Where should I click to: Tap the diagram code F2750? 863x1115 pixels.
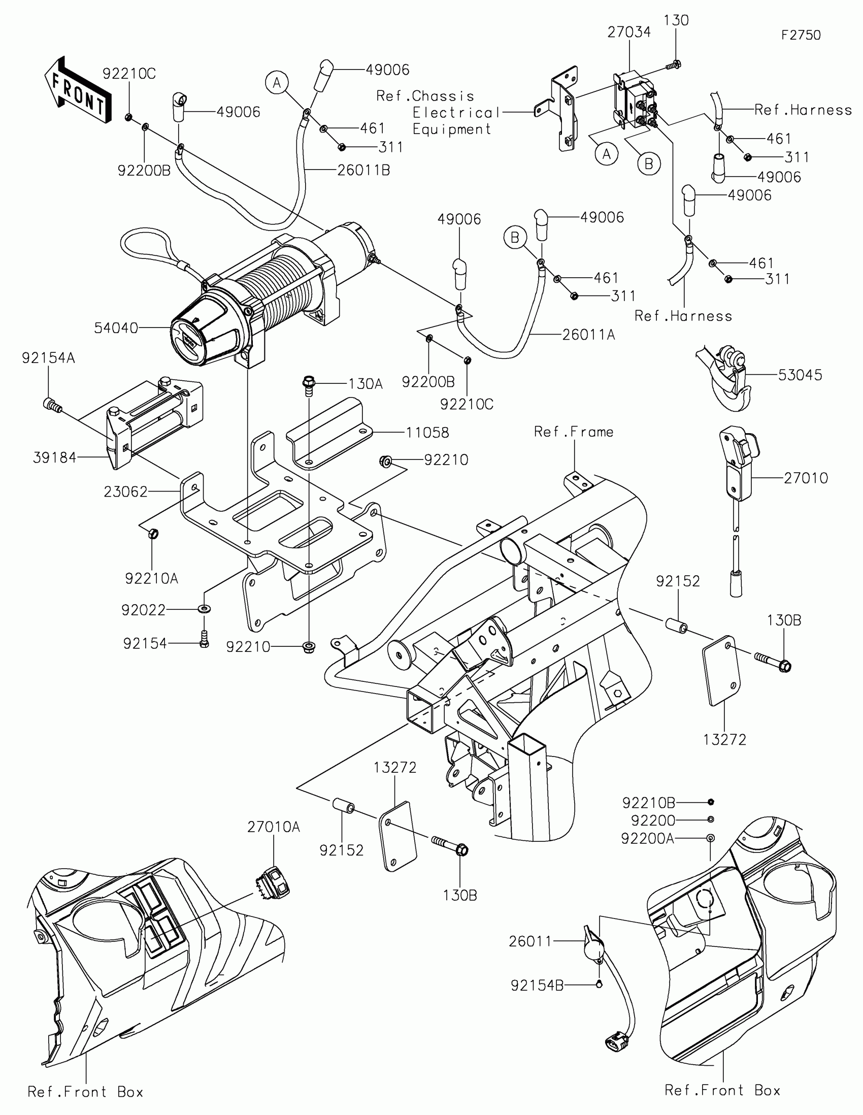click(x=801, y=35)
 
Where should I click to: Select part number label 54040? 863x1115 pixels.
click(x=116, y=329)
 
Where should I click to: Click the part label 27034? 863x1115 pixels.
click(x=629, y=32)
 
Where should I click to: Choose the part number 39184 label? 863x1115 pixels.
click(x=55, y=458)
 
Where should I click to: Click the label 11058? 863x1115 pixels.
click(x=427, y=433)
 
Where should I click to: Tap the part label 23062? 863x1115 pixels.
click(x=125, y=492)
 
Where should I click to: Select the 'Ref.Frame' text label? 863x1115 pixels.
click(x=574, y=432)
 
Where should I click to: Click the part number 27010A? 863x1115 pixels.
click(x=274, y=827)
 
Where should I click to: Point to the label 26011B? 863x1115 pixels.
click(x=363, y=171)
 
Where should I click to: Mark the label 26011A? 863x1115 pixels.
click(x=588, y=335)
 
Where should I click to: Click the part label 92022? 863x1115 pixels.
click(x=143, y=610)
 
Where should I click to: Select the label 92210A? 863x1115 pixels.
click(x=152, y=578)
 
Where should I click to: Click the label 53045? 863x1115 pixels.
click(x=800, y=375)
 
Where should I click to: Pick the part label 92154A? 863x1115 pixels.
click(x=49, y=358)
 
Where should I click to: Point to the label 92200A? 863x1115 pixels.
click(x=647, y=839)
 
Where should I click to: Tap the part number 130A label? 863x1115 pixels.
click(x=366, y=384)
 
